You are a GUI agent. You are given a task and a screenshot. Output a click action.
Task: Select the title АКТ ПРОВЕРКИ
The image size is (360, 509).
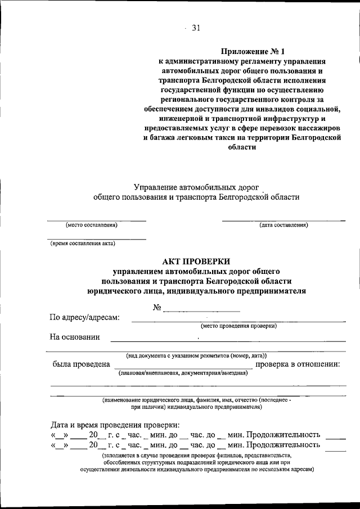click(x=195, y=261)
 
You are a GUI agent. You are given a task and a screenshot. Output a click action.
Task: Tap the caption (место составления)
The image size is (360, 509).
click(x=92, y=225)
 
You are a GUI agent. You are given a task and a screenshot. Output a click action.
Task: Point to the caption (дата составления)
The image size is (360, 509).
click(x=283, y=225)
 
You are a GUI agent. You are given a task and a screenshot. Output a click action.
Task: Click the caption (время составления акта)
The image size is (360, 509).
click(x=83, y=244)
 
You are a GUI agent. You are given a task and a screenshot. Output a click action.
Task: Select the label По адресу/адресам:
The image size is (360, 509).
click(x=85, y=317)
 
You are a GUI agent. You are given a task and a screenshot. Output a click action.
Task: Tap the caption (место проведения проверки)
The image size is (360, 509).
click(x=239, y=326)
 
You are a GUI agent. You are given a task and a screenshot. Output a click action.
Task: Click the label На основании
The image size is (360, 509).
click(x=75, y=337)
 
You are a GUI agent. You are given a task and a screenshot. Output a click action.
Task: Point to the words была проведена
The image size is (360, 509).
click(x=81, y=364)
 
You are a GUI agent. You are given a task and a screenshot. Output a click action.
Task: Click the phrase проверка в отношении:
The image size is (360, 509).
click(x=298, y=364)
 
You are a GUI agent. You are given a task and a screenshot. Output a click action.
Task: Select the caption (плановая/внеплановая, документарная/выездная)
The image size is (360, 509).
click(x=183, y=373)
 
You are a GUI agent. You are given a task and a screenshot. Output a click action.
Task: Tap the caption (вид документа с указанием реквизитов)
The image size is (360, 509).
click(x=196, y=355)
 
